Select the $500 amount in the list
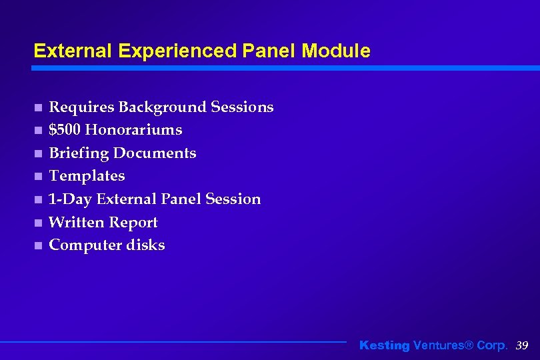pos(65,129)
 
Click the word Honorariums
pos(133,129)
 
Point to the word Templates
pos(87,176)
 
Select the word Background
pos(162,107)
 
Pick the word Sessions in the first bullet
pos(242,107)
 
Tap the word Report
pos(135,223)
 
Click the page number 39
pos(522,345)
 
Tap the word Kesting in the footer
pos(385,345)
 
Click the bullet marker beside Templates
pos(39,177)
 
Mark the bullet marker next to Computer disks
pos(39,246)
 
